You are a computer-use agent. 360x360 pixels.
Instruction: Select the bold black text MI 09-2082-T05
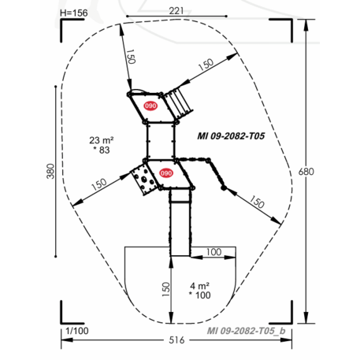pyautogui.click(x=236, y=135)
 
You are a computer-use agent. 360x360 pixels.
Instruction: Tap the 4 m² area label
pyautogui.click(x=199, y=284)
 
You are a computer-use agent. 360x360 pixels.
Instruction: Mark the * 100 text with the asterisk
pyautogui.click(x=200, y=295)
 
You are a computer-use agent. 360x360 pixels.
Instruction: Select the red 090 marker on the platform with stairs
pyautogui.click(x=150, y=104)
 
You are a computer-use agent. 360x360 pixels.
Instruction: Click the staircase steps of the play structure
pyautogui.click(x=182, y=100)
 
